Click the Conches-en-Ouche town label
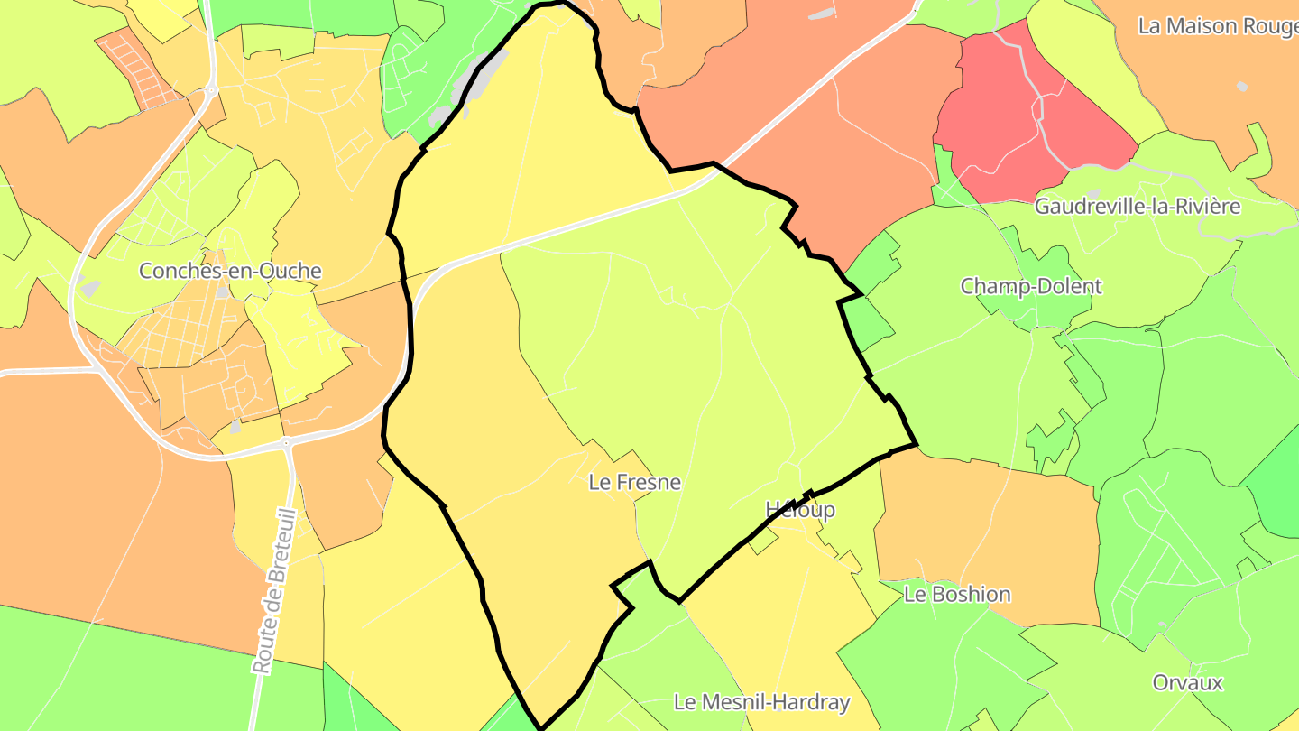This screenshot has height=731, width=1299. pos(230,271)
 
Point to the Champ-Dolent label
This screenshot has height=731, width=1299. pos(1030,287)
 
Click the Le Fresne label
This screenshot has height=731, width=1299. pos(634,483)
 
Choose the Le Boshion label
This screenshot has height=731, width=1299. pos(957,595)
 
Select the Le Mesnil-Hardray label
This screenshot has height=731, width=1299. pos(762,702)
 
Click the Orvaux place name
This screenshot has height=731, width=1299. pos(1187,682)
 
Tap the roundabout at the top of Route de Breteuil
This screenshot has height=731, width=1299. pos(286,443)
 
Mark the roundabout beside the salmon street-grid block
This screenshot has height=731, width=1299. pos(211,90)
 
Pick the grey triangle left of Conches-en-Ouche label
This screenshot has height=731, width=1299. pos(90,288)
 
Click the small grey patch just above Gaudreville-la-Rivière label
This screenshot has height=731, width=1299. pos(1093,193)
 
